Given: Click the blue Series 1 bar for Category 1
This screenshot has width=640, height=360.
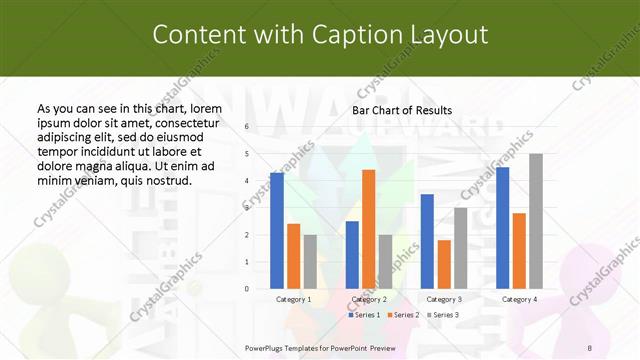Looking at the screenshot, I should (x=277, y=231).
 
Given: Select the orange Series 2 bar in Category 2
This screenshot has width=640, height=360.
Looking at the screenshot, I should (x=368, y=229).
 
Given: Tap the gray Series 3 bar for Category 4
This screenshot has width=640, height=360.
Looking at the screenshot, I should (x=536, y=221).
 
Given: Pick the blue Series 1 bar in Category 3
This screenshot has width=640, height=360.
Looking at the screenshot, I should (x=427, y=241).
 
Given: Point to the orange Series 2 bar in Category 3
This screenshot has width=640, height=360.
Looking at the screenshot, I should (x=444, y=264).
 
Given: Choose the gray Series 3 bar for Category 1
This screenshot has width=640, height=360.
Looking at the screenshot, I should (x=310, y=262).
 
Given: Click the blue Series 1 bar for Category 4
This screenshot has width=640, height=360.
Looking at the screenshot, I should (x=502, y=228).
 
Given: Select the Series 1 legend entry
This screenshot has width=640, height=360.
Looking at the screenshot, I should (x=363, y=315).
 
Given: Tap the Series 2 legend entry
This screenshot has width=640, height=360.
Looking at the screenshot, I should (x=402, y=315).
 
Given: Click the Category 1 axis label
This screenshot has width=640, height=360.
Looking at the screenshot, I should (x=293, y=299).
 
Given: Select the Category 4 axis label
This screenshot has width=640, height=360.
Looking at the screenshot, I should (x=518, y=299).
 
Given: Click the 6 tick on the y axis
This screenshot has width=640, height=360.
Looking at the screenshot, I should (x=247, y=127).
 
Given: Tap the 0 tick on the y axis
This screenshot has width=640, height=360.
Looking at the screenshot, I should (x=247, y=289).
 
